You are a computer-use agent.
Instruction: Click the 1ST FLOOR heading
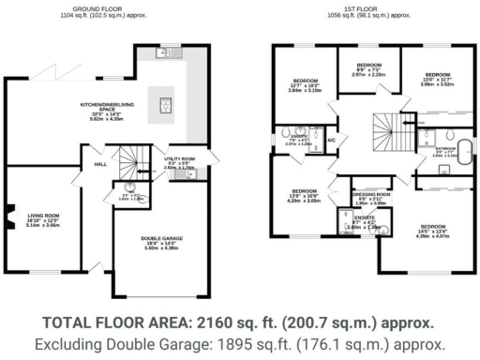365,9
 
